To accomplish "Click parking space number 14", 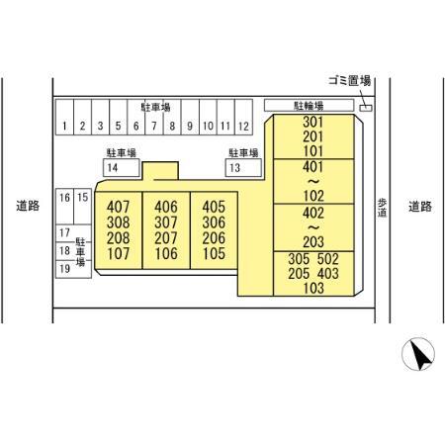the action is [122, 168].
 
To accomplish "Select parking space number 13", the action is [243, 168].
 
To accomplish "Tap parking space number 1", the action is [64, 117].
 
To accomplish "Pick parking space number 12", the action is [243, 117].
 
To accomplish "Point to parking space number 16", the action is [64, 207].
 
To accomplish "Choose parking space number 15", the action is [82, 207].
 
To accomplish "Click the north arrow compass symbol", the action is [418, 354].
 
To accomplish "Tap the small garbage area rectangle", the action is [366, 108].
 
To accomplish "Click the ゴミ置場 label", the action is [350, 81].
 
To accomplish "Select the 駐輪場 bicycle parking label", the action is [309, 106].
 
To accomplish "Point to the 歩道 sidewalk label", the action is [382, 208].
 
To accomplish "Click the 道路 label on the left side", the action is [28, 206].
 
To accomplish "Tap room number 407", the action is [119, 207].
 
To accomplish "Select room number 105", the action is [214, 254].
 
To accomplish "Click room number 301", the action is [312, 122].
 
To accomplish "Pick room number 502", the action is [328, 259].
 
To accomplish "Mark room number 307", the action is [166, 222].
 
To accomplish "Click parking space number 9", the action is [190, 117].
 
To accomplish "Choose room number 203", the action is [313, 242].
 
